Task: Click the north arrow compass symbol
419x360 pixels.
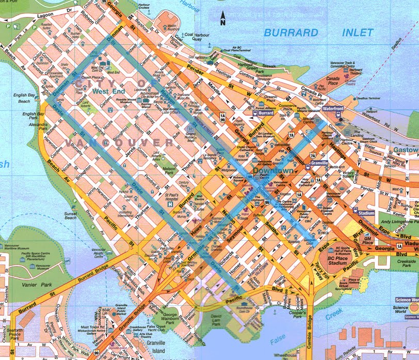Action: pyautogui.click(x=222, y=19)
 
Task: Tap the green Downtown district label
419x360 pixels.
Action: pyautogui.click(x=273, y=170)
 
